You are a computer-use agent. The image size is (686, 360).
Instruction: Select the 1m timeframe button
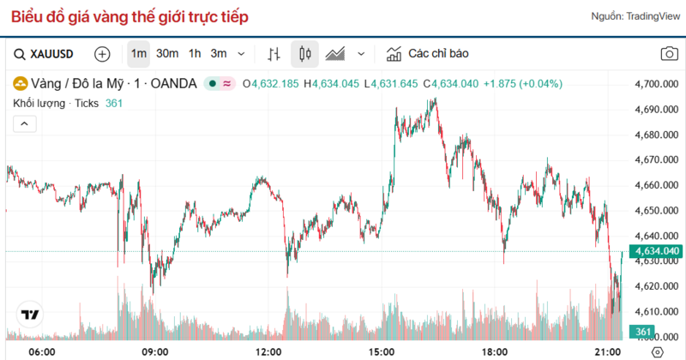(138, 54)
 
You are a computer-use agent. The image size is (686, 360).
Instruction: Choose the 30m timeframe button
(167, 54)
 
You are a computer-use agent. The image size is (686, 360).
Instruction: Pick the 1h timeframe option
(195, 54)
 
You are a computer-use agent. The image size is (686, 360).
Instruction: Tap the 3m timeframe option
(219, 54)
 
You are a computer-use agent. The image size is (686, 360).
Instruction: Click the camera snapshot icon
(668, 54)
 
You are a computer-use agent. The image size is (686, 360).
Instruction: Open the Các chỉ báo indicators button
(428, 54)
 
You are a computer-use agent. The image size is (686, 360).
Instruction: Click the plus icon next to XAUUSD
(102, 54)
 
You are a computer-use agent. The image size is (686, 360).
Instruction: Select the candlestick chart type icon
(304, 54)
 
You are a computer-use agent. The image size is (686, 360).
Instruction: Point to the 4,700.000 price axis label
(655, 84)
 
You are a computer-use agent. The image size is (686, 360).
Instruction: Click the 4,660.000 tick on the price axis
(655, 185)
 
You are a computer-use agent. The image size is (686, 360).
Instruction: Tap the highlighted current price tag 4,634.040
(655, 251)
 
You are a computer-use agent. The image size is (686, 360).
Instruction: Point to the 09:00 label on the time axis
(155, 351)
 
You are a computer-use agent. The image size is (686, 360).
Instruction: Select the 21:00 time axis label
(609, 351)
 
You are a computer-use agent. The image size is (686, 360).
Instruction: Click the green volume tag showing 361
(642, 332)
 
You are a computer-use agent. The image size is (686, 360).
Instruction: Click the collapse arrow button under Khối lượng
(24, 124)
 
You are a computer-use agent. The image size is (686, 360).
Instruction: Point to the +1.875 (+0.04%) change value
(522, 84)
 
